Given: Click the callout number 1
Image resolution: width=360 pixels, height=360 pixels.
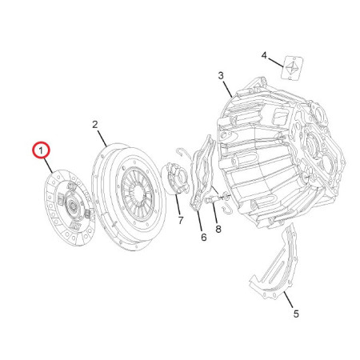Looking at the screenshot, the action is click(x=41, y=151).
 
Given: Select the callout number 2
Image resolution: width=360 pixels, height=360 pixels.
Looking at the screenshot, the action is click(x=95, y=125).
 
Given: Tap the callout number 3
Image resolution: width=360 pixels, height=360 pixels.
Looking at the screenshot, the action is click(x=221, y=76).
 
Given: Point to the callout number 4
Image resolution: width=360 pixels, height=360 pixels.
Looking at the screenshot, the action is click(x=264, y=55).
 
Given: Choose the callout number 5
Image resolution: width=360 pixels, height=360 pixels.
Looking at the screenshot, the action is click(x=296, y=314).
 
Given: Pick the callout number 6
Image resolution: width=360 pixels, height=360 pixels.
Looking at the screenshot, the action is click(x=204, y=237).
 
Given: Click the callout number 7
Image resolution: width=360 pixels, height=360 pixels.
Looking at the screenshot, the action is click(x=181, y=220).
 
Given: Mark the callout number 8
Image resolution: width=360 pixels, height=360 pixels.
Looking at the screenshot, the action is click(x=218, y=229).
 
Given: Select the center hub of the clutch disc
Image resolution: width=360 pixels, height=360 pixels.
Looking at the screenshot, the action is click(x=73, y=206).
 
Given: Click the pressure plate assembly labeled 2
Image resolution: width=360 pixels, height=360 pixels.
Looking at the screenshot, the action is click(x=130, y=197).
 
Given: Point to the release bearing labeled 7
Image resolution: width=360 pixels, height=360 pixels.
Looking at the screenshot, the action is click(x=175, y=178).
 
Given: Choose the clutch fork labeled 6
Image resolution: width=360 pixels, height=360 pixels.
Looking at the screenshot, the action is click(x=202, y=174).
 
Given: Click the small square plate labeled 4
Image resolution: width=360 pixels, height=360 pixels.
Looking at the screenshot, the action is click(x=292, y=67).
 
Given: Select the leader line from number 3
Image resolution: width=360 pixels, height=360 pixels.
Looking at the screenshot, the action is click(x=227, y=89).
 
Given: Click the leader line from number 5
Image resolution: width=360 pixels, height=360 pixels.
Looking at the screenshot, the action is click(x=288, y=300).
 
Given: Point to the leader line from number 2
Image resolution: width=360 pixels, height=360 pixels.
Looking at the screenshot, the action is click(x=102, y=138).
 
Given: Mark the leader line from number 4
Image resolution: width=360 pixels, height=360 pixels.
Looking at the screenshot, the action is click(x=276, y=62).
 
